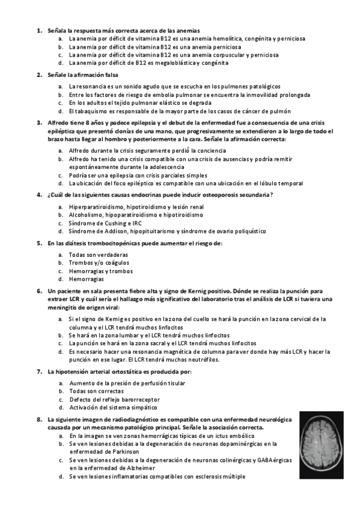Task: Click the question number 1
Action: coord(39,30)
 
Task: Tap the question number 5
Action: coord(39,243)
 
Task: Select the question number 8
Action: coord(39,419)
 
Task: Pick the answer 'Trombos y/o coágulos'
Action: coord(99,263)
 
